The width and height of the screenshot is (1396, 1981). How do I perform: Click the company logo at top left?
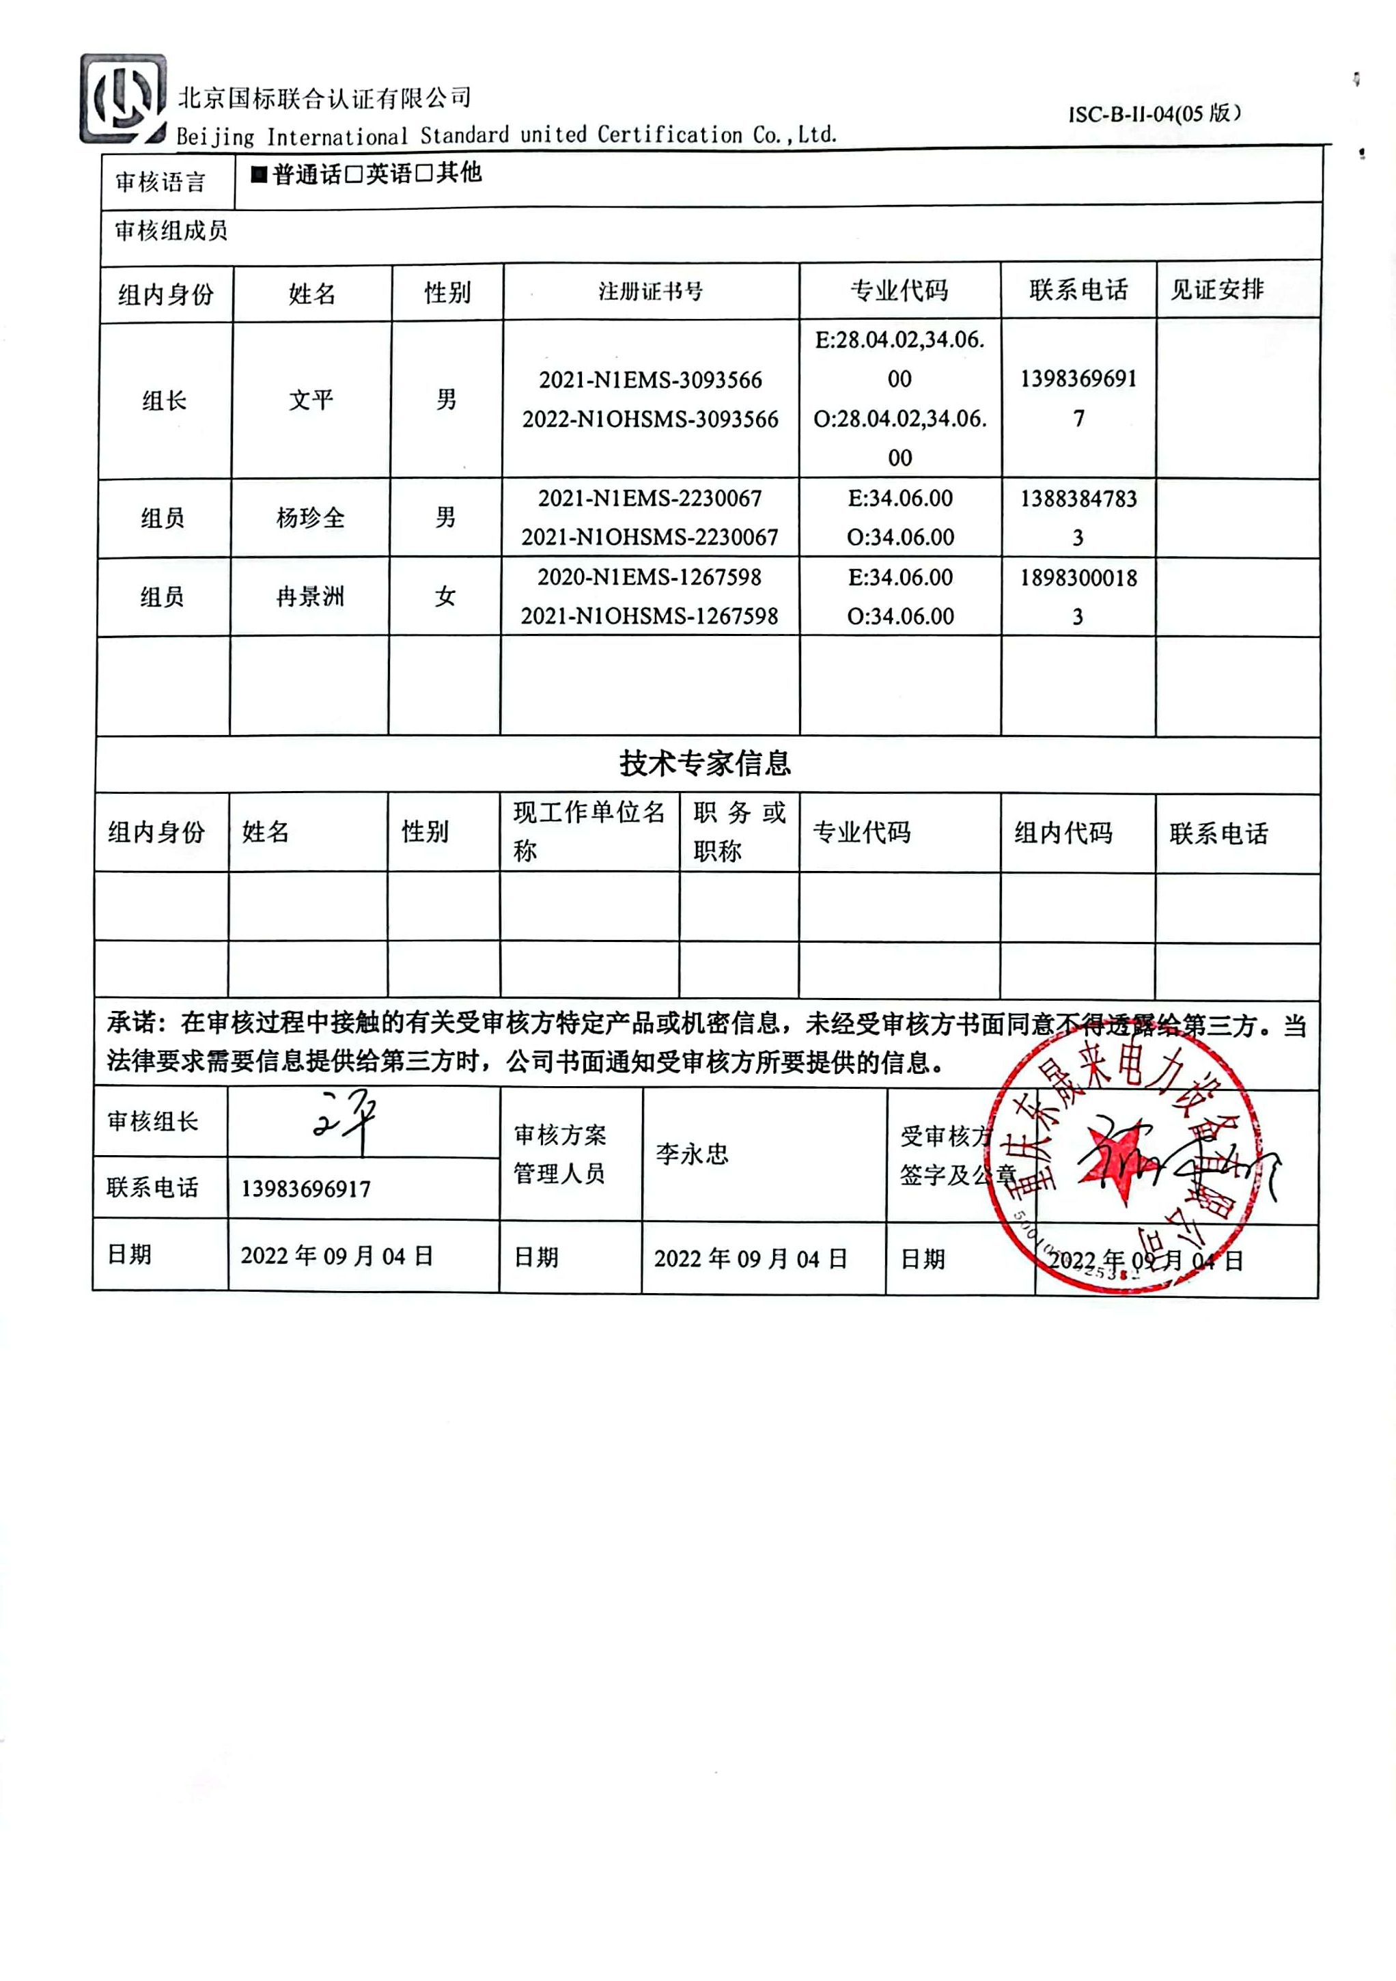[x=122, y=98]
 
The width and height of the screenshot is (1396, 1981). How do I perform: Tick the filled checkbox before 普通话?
[x=259, y=175]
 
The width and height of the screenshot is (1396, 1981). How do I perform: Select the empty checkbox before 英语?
[x=353, y=175]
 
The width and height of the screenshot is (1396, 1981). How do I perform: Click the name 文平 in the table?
[x=311, y=400]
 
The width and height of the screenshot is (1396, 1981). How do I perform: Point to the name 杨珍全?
[x=310, y=518]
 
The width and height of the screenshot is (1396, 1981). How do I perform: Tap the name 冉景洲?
[x=310, y=596]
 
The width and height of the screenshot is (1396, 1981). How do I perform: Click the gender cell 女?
[x=445, y=596]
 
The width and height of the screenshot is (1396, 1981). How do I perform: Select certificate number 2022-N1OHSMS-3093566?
[x=650, y=419]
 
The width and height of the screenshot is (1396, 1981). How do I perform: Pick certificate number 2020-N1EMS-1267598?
[x=649, y=577]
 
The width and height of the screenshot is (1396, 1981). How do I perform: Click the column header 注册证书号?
[x=651, y=292]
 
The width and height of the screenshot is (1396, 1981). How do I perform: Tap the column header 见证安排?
[x=1216, y=290]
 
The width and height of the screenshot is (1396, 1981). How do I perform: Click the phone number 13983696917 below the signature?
[x=305, y=1189]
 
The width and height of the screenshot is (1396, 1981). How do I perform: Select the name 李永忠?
[x=692, y=1154]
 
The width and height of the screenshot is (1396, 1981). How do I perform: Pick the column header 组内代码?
[x=1063, y=833]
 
